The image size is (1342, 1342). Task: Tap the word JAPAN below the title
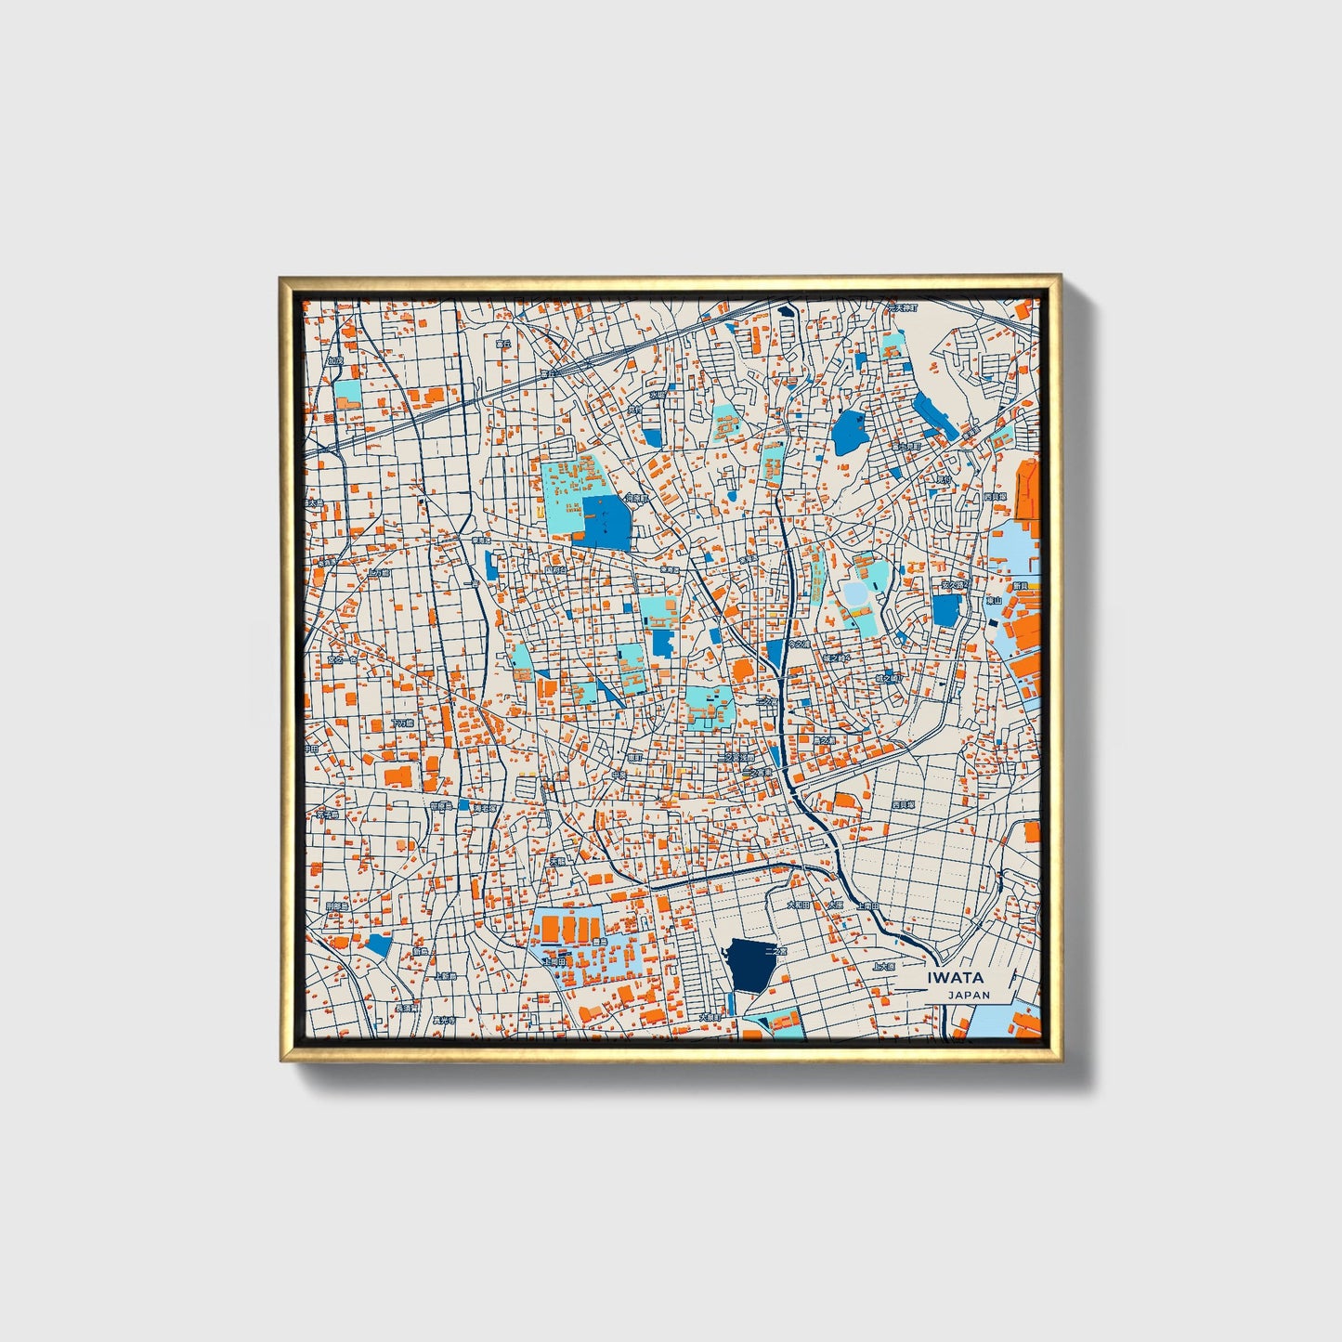(x=969, y=995)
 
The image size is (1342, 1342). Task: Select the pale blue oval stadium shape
(x=855, y=591)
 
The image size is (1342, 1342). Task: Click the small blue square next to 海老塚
(x=463, y=805)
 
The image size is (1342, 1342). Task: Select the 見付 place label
(x=944, y=479)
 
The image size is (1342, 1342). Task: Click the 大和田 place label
(x=799, y=904)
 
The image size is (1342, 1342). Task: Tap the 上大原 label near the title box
(x=883, y=967)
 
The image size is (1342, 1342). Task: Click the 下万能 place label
(x=401, y=722)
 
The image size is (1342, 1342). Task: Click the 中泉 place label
(x=620, y=774)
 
